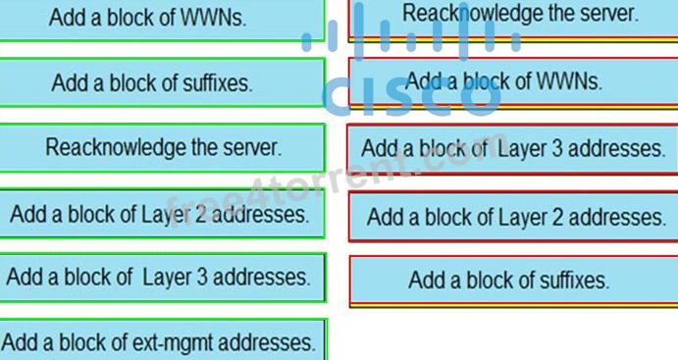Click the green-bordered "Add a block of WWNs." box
162,20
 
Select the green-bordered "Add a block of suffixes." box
162,82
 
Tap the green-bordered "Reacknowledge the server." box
162,148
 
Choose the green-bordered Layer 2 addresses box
162,214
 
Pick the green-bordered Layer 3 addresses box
163,278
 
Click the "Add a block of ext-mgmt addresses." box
164,340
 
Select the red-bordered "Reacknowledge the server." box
513,20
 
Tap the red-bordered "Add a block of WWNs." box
513,82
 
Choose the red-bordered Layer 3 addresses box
512,149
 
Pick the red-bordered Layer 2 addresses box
513,217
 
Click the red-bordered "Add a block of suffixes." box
514,281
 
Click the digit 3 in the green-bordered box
202,277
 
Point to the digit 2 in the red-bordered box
557,217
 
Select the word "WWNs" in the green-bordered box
213,18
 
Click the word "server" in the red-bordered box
608,14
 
